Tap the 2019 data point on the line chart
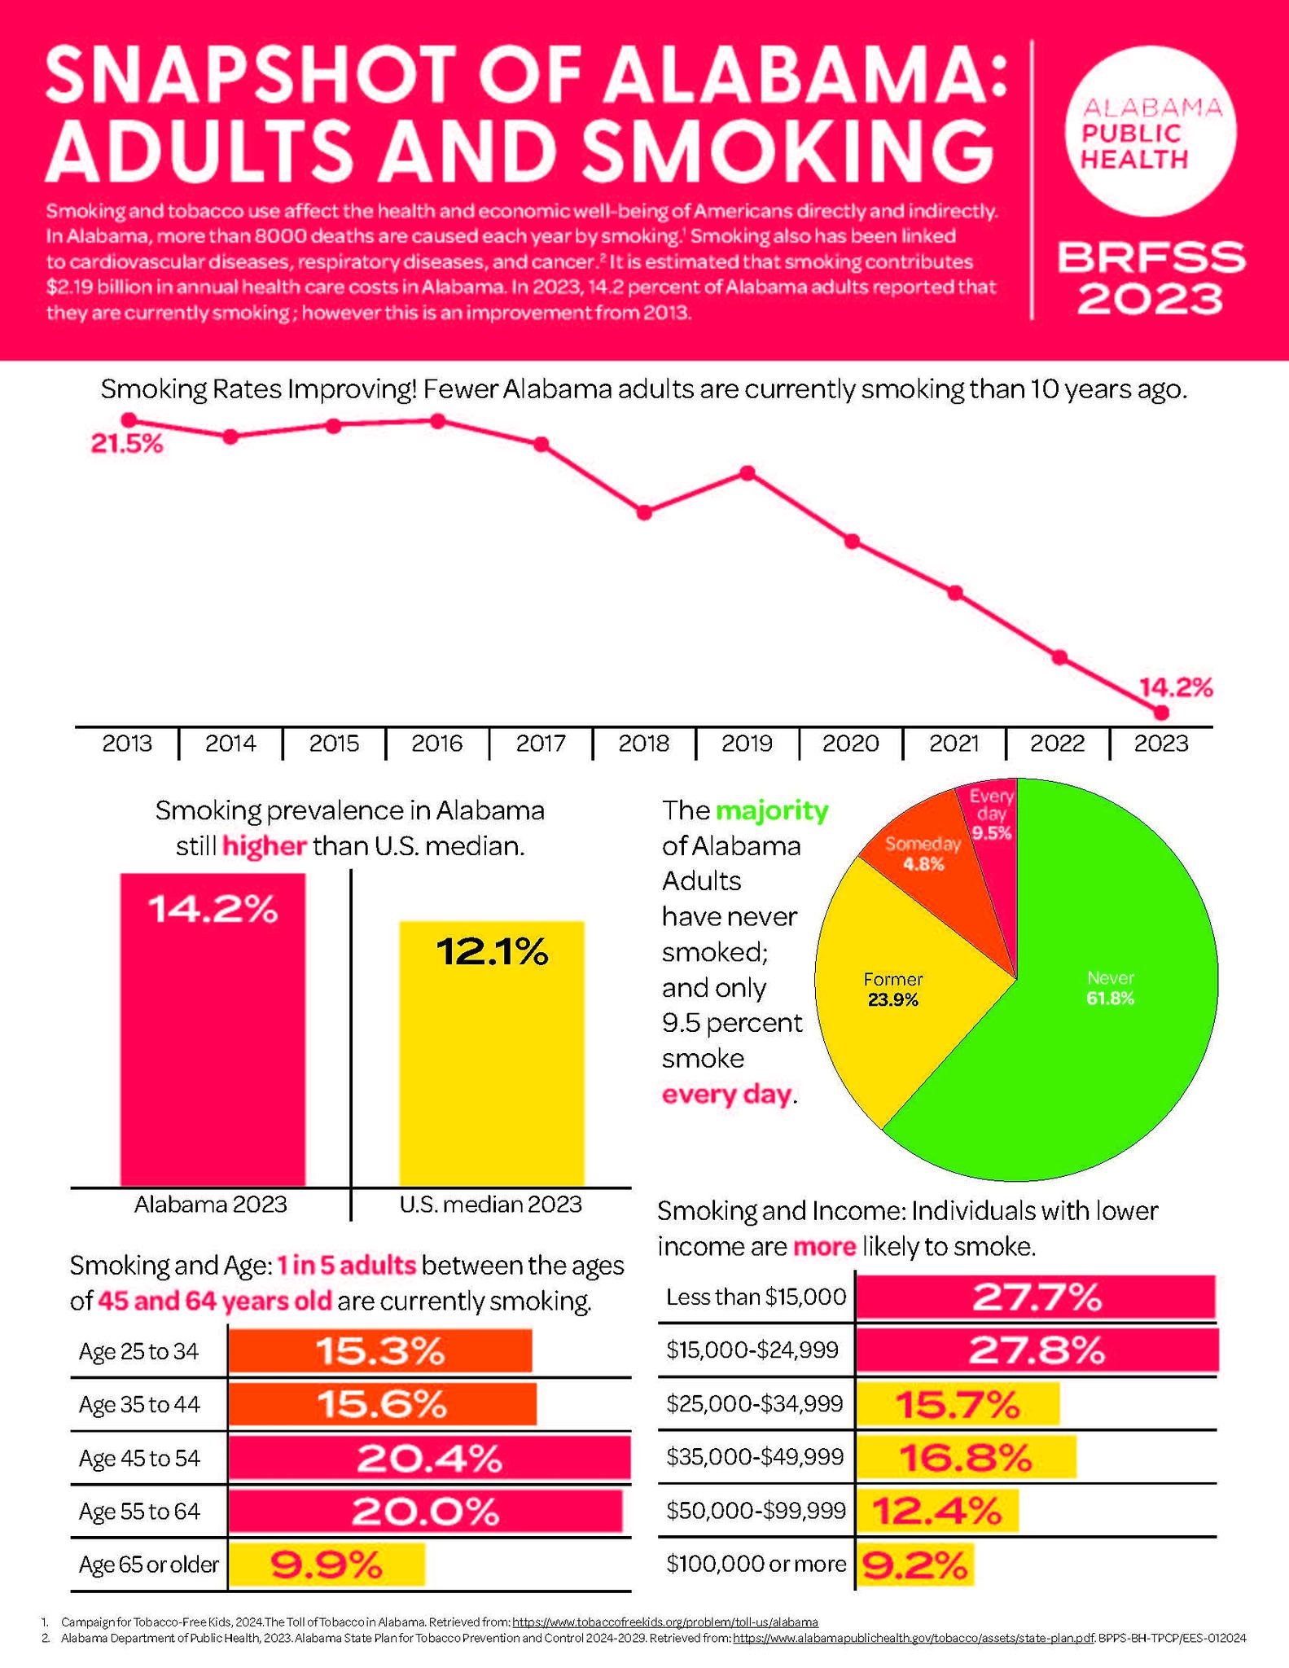click(748, 472)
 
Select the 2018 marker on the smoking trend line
click(644, 512)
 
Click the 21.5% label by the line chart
click(126, 445)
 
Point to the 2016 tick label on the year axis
click(437, 743)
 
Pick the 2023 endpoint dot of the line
click(1161, 713)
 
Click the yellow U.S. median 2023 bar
click(491, 1053)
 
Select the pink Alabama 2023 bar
click(213, 1029)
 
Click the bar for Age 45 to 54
click(429, 1458)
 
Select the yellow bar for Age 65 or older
click(327, 1565)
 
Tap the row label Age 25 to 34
click(138, 1352)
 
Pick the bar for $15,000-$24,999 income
click(1037, 1350)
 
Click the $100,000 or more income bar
click(915, 1565)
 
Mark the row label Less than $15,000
click(756, 1297)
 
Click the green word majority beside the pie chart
click(772, 811)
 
